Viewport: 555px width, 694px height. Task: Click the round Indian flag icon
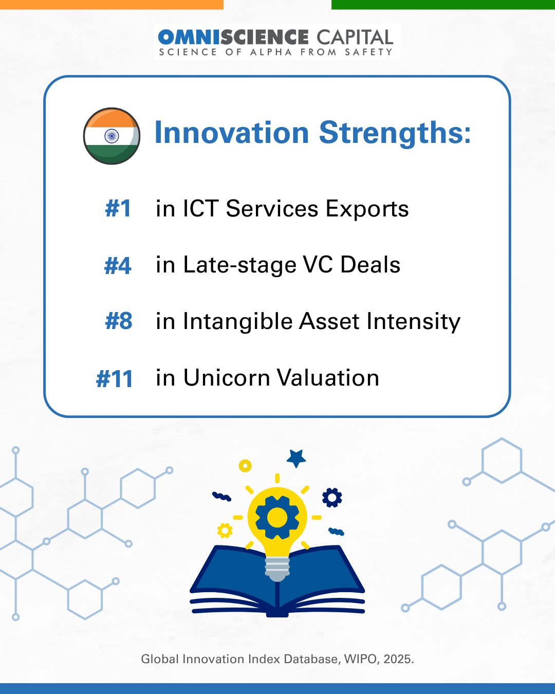click(112, 136)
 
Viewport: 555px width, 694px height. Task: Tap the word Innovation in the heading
click(232, 133)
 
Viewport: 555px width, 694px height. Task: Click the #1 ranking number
click(118, 208)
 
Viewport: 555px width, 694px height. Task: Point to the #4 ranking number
click(118, 266)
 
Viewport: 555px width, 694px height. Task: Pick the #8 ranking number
click(119, 321)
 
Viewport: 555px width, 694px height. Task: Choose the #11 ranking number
click(115, 378)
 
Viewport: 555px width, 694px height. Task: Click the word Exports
click(367, 210)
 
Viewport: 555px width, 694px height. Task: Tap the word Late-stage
click(239, 265)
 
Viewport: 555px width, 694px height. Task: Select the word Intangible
click(237, 321)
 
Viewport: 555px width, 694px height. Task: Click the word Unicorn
click(227, 378)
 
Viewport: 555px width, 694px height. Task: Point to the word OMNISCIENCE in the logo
click(233, 37)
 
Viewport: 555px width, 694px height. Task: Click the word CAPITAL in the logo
click(355, 37)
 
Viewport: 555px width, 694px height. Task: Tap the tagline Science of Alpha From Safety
click(276, 52)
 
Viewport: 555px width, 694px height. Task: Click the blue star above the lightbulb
click(296, 458)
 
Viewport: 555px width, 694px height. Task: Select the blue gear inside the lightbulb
click(277, 518)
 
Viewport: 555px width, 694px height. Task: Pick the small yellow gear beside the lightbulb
click(225, 531)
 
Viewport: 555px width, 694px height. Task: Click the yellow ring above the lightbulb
click(245, 466)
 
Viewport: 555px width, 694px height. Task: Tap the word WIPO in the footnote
click(361, 659)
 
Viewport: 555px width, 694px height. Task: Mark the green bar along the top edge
click(443, 5)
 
